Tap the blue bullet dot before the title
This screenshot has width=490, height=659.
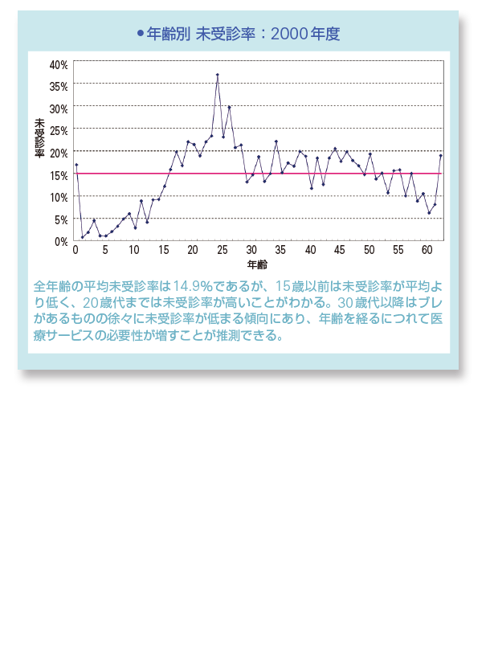coord(141,34)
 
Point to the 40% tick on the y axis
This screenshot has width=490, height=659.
coord(59,63)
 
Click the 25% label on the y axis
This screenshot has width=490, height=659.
coord(59,129)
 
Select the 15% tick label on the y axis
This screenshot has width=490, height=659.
coord(59,174)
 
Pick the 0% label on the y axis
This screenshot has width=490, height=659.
coord(61,241)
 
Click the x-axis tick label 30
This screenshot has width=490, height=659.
coord(251,250)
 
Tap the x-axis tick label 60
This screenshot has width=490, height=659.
coord(428,250)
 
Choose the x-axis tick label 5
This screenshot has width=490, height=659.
coord(105,250)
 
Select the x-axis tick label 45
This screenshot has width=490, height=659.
coord(340,250)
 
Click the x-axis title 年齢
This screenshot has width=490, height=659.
coord(257,264)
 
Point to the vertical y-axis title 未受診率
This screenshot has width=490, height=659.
coord(39,137)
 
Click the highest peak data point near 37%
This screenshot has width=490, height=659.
coord(217,75)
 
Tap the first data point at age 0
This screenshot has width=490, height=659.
coord(76,165)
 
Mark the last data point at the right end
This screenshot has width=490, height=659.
coord(440,155)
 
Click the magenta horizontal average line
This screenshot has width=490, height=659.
coord(321,173)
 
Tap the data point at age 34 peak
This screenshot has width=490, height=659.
coord(276,141)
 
